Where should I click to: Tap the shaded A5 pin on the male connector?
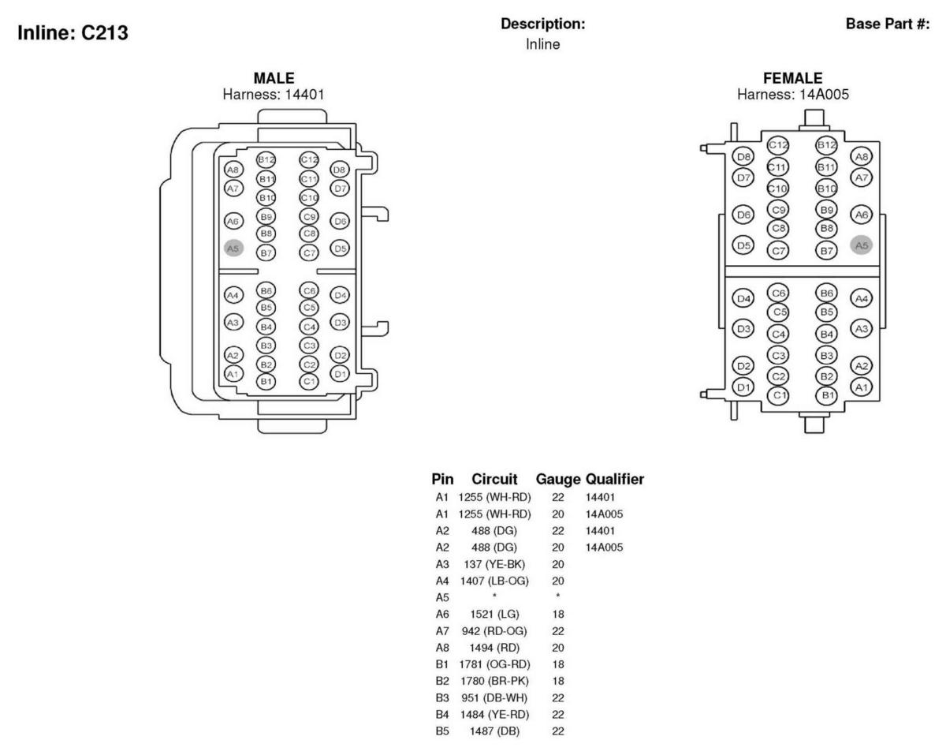[x=233, y=248]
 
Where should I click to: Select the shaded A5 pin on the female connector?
[x=862, y=245]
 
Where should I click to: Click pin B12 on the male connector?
[x=266, y=160]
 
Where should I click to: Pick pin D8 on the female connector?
[x=743, y=158]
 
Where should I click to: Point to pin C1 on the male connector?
[x=308, y=381]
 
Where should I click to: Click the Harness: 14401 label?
[x=274, y=94]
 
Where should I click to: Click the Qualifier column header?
[x=614, y=479]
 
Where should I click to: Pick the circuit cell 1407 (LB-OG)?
[x=494, y=581]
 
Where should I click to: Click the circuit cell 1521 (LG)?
[x=494, y=613]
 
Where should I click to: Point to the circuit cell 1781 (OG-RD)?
[x=494, y=663]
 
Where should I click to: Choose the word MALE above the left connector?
[x=274, y=78]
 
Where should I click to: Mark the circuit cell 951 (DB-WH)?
[x=494, y=697]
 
